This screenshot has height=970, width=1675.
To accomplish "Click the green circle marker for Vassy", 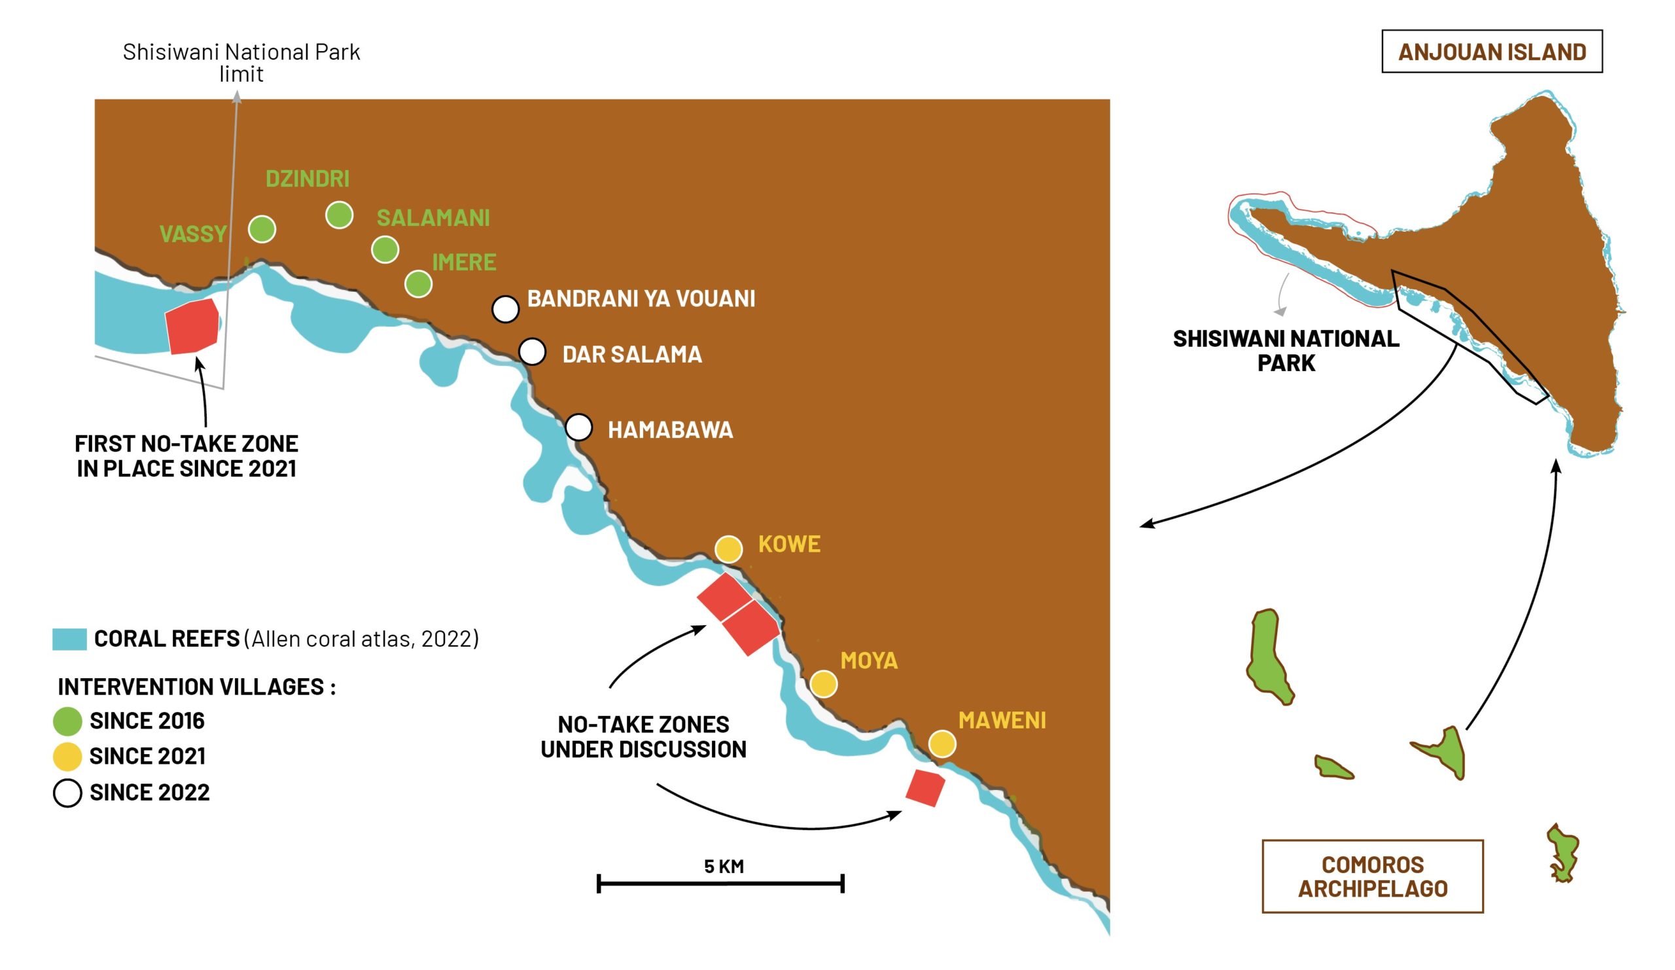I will click(262, 229).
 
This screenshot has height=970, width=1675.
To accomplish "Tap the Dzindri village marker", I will click(339, 215).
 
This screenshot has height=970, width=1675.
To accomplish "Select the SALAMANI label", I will click(432, 218).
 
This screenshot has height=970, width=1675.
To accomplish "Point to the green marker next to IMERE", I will click(418, 284).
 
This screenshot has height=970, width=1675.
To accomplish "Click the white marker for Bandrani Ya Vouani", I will click(505, 309).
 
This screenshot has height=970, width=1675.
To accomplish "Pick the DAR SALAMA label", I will click(631, 354).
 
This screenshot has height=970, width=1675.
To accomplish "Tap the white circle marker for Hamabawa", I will click(579, 427).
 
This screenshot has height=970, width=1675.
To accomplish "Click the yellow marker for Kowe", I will click(728, 549).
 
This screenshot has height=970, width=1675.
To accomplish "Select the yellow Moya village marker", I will click(824, 684).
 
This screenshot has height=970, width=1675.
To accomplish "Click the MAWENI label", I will click(1002, 720).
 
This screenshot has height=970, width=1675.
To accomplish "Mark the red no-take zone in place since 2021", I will click(192, 327).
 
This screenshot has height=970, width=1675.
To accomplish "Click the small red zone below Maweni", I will click(925, 788).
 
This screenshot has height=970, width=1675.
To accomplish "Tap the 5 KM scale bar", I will click(720, 884).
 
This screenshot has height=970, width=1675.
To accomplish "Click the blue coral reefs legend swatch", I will click(69, 639).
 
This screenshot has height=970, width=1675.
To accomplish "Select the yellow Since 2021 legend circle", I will click(67, 756).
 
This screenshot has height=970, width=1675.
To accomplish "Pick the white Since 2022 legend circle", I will click(67, 793).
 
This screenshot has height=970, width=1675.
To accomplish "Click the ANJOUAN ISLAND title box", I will click(1492, 52).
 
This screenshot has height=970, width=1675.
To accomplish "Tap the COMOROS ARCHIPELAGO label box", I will click(1372, 876).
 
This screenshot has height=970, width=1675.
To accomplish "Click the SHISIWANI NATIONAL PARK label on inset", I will click(1286, 350).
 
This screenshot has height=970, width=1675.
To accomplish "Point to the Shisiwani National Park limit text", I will click(241, 62).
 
